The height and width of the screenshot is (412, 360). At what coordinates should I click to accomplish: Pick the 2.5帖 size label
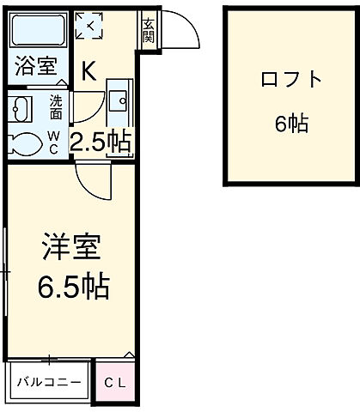(101, 142)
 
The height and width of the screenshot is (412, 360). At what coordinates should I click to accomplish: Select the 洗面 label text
(55, 106)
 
